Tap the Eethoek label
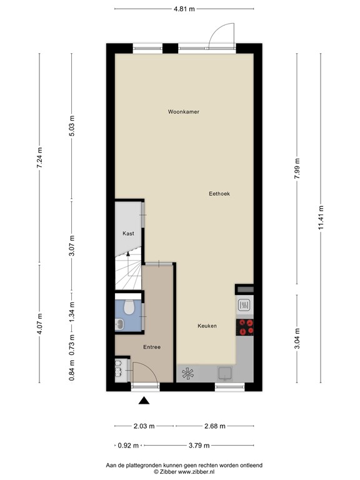tap(219, 194)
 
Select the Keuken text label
tap(207, 326)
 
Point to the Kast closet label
tap(128, 233)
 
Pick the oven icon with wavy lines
tap(245, 306)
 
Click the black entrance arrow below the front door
tap(144, 402)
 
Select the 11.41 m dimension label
tap(321, 219)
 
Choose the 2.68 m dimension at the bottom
tap(214, 426)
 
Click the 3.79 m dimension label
tap(199, 446)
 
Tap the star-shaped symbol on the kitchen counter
tap(187, 374)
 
